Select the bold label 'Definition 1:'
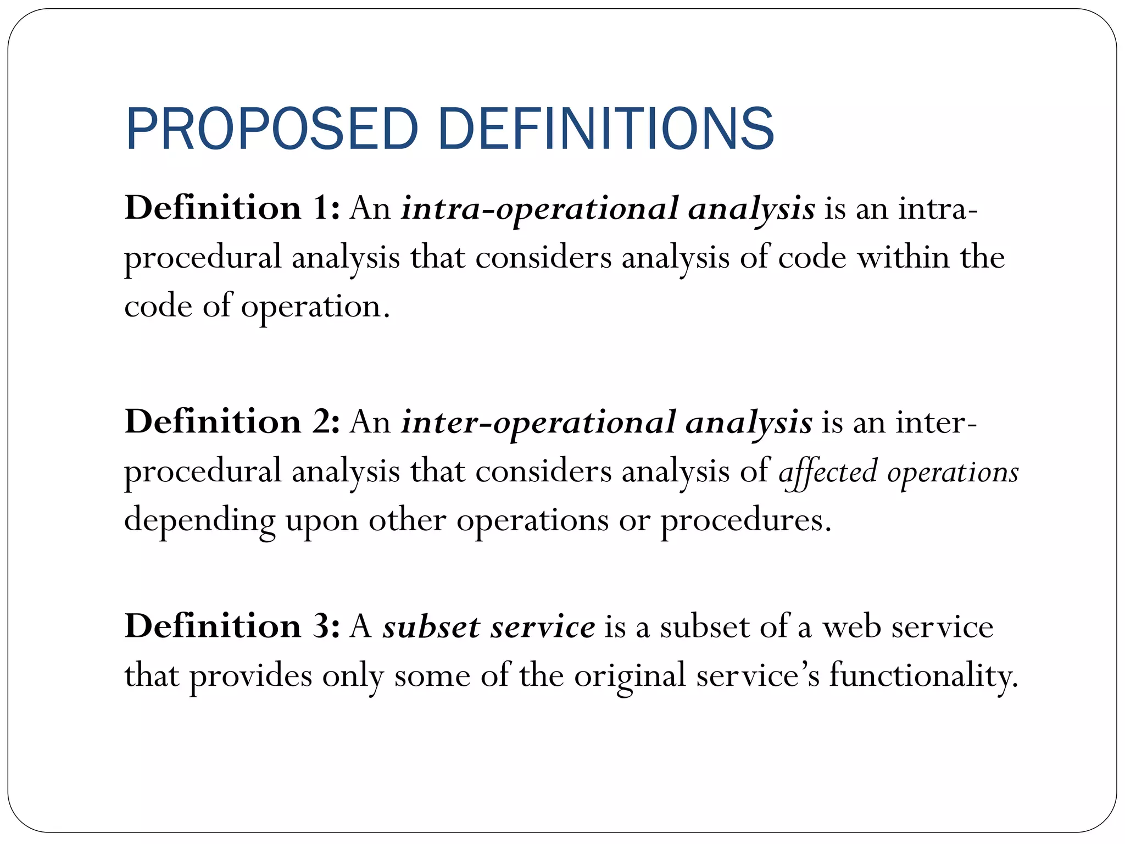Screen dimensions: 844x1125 [232, 208]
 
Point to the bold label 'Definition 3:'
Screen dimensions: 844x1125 [232, 626]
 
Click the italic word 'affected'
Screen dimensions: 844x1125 [828, 472]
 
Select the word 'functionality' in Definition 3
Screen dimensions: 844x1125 [923, 676]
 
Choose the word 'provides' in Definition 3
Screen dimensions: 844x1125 [251, 676]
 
